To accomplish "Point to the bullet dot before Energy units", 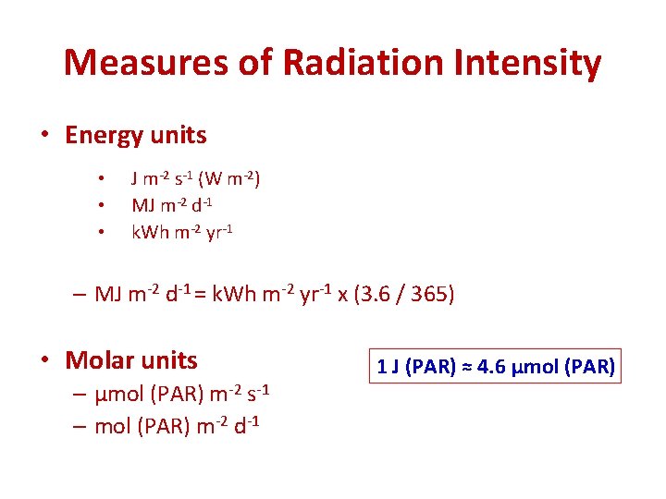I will point(45,136).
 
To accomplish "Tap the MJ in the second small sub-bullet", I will point(143,203).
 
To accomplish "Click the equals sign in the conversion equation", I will point(199,295).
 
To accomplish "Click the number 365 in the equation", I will point(426,295).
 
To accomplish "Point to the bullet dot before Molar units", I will point(45,360).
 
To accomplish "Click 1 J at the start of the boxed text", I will point(388,366).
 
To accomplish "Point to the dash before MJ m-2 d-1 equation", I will point(80,295).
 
